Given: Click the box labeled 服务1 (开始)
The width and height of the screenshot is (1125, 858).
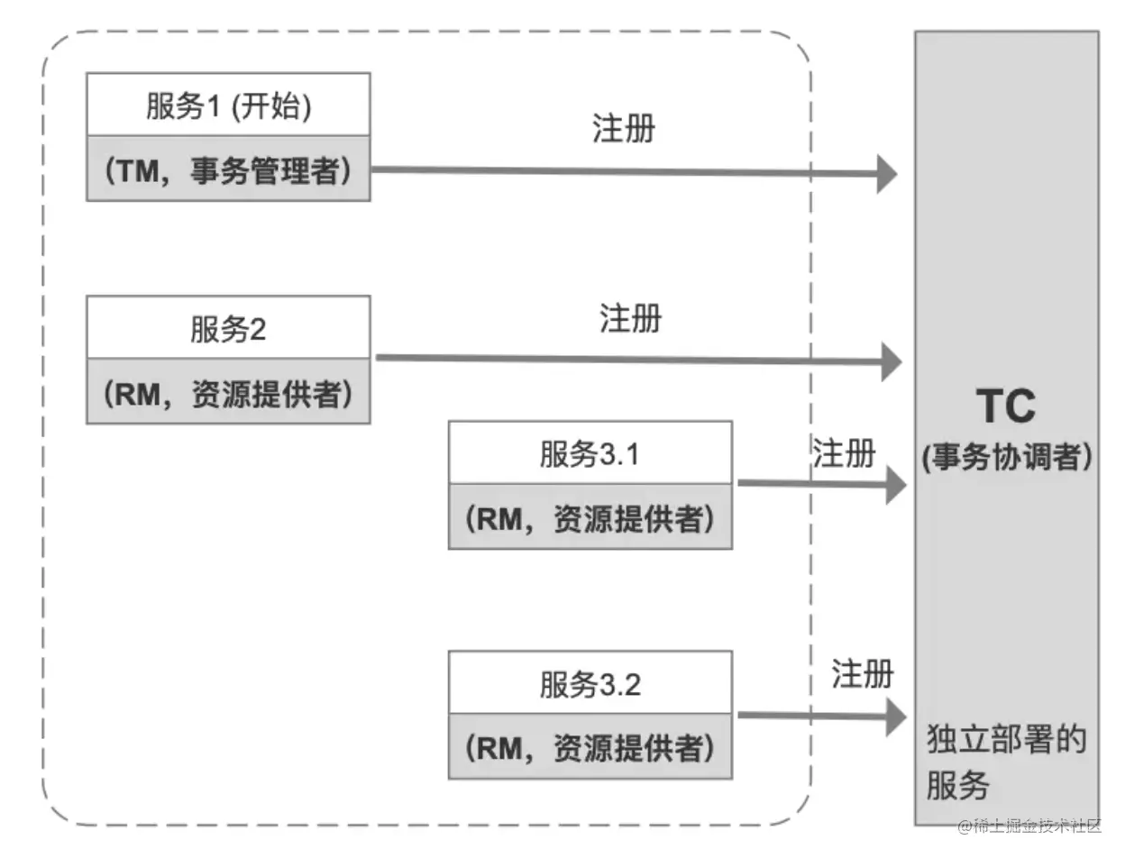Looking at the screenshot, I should pyautogui.click(x=228, y=105).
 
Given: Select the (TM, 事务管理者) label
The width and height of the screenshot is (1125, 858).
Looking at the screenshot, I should pyautogui.click(x=228, y=169).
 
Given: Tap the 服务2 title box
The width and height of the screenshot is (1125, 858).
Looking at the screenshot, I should pyautogui.click(x=228, y=328).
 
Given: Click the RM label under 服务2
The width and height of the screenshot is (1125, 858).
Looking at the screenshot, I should pyautogui.click(x=228, y=392).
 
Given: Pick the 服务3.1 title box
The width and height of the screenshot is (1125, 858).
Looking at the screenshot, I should pyautogui.click(x=590, y=453).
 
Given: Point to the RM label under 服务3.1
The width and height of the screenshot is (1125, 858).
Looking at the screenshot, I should pyautogui.click(x=590, y=517).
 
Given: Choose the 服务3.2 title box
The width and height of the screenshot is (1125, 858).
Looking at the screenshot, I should pyautogui.click(x=590, y=684).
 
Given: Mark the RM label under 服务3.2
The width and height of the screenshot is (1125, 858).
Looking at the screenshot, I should pyautogui.click(x=590, y=747).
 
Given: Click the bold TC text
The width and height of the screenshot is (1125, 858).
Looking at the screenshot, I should pyautogui.click(x=1006, y=406).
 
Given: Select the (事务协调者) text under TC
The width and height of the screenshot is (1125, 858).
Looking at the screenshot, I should pyautogui.click(x=1007, y=457).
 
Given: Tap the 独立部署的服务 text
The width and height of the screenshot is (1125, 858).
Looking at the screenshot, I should pyautogui.click(x=1006, y=762).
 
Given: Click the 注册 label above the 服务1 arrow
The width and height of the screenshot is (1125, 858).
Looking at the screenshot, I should pyautogui.click(x=624, y=129).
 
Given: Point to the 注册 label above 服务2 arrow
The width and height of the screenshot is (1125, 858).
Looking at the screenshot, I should pyautogui.click(x=630, y=317).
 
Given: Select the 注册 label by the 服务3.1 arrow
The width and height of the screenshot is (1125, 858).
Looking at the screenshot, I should pyautogui.click(x=844, y=452).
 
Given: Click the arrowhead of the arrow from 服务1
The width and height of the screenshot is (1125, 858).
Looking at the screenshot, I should pyautogui.click(x=887, y=173).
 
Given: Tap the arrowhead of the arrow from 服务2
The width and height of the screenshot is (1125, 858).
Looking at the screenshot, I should pyautogui.click(x=891, y=361).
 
